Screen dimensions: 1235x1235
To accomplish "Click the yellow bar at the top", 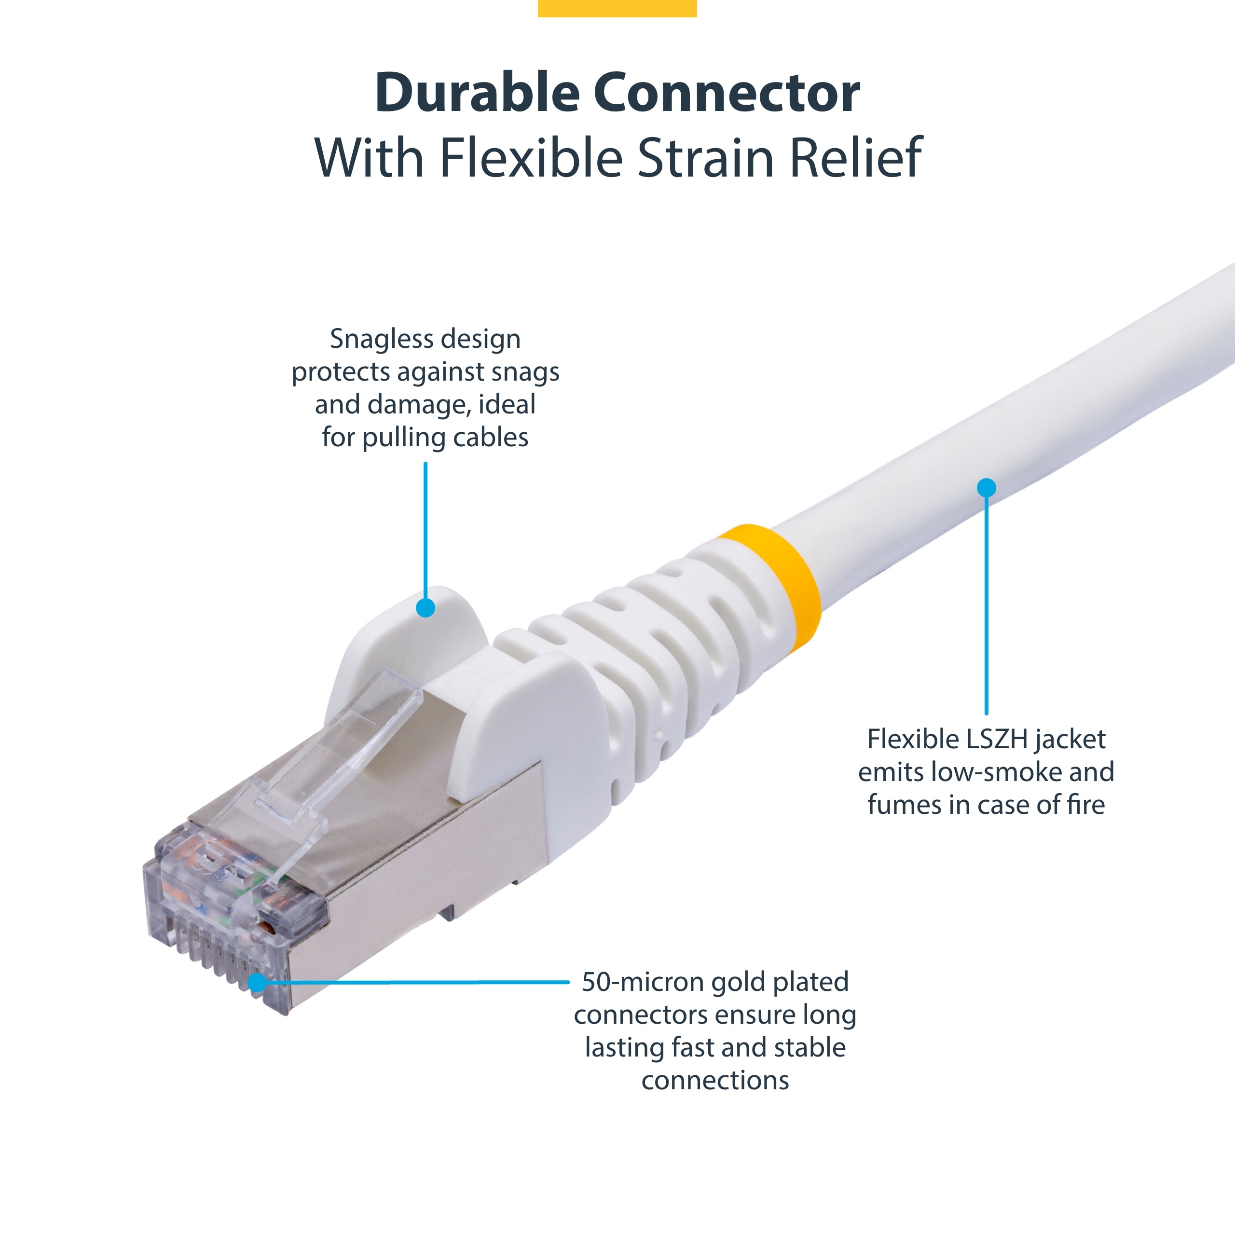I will click(617, 8).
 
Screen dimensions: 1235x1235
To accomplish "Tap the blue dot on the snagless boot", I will click(425, 607).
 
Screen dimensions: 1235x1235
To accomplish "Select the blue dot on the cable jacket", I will click(987, 488).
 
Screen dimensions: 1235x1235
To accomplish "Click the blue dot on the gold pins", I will click(257, 983).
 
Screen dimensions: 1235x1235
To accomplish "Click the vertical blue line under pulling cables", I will click(425, 531).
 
